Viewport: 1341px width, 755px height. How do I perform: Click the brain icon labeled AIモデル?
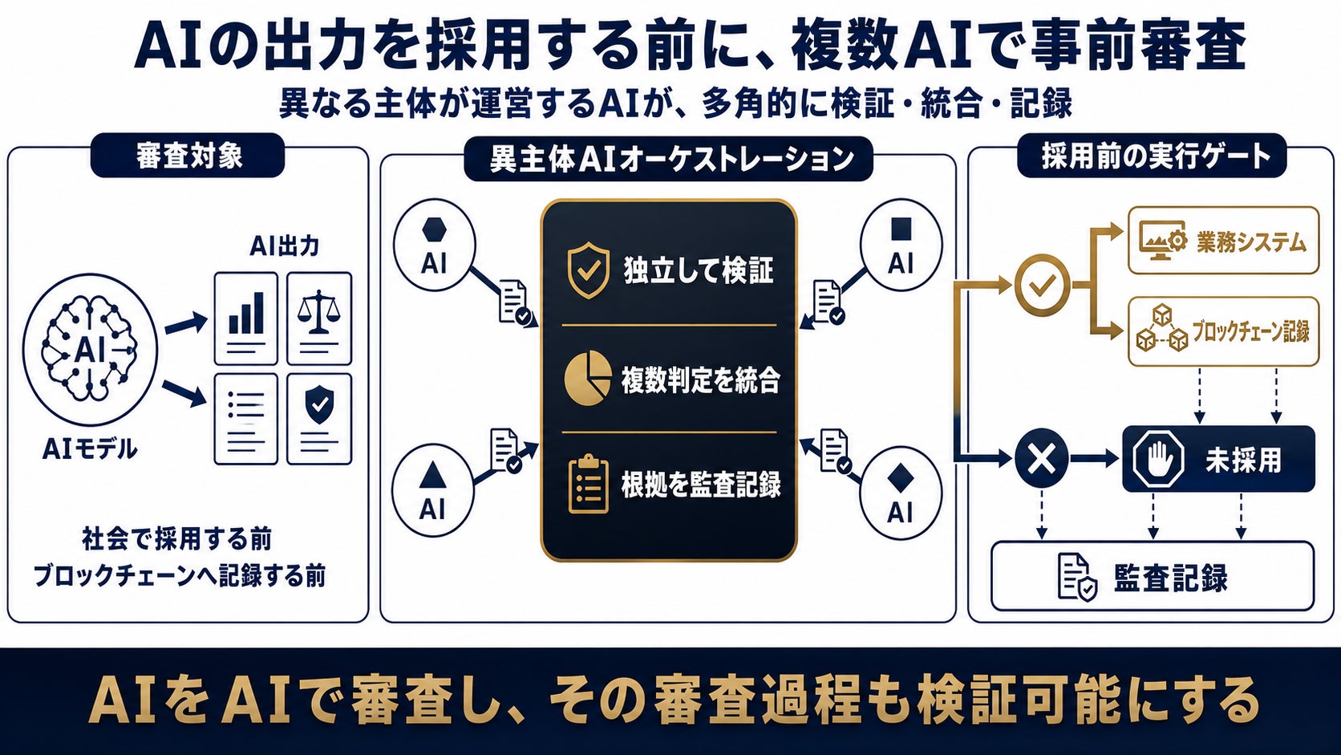pos(90,350)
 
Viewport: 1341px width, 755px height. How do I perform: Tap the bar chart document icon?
pos(246,319)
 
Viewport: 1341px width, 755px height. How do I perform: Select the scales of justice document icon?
pos(319,319)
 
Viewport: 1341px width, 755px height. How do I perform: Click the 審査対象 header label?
pos(188,156)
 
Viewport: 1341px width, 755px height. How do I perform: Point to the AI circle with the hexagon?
pos(434,245)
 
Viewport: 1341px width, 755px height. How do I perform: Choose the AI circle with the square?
pos(901,245)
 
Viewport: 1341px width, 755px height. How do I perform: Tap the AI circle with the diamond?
pos(901,493)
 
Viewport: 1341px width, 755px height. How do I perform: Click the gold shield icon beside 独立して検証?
pos(589,270)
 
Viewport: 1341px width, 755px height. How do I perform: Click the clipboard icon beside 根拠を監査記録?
pos(588,484)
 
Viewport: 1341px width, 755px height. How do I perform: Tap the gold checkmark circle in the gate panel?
pos(1043,285)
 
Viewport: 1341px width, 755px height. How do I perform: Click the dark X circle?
pos(1042,459)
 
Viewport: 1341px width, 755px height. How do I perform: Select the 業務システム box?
pos(1224,240)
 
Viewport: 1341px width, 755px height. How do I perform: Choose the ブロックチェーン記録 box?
pos(1224,331)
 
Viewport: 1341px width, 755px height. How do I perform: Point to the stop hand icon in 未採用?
pos(1158,459)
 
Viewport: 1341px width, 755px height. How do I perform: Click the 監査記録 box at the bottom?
pos(1153,576)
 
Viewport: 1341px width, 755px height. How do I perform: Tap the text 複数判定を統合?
pos(700,380)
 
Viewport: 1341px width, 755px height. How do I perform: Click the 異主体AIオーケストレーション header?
pos(668,159)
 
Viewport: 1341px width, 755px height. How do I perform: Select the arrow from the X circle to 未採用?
pos(1094,459)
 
